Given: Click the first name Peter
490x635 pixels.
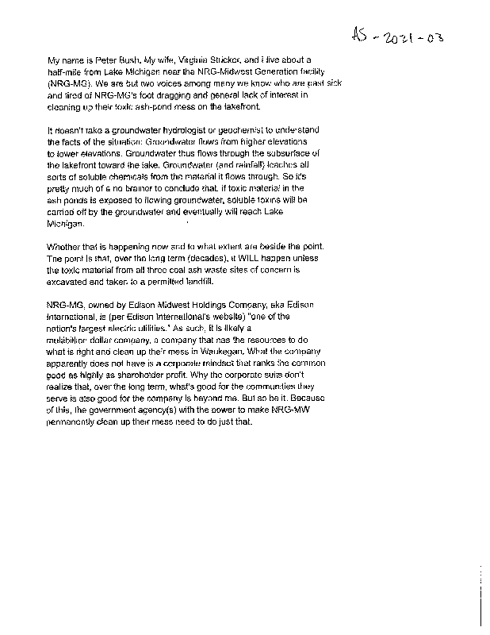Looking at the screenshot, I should click(103, 60).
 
